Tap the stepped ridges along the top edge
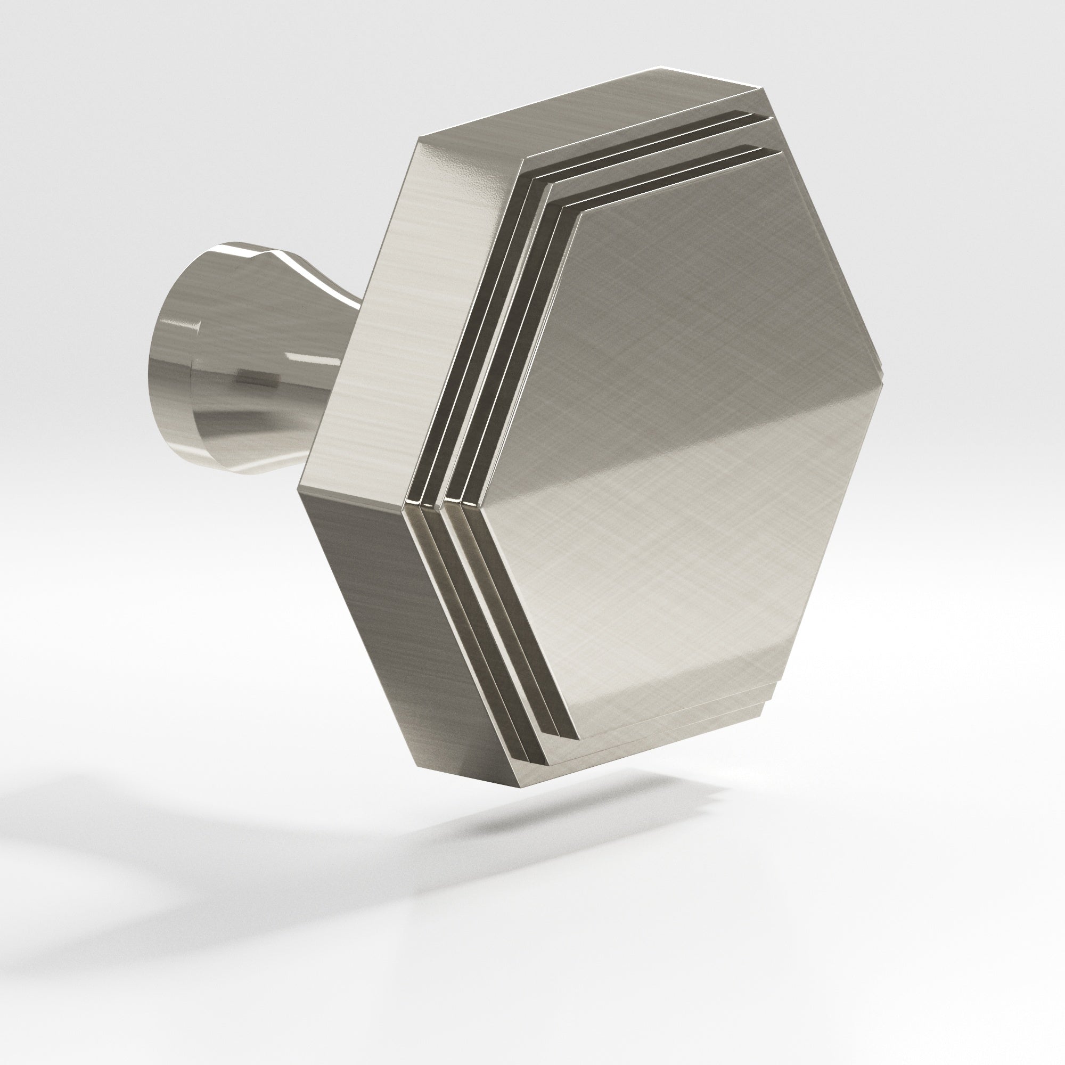(661, 160)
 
